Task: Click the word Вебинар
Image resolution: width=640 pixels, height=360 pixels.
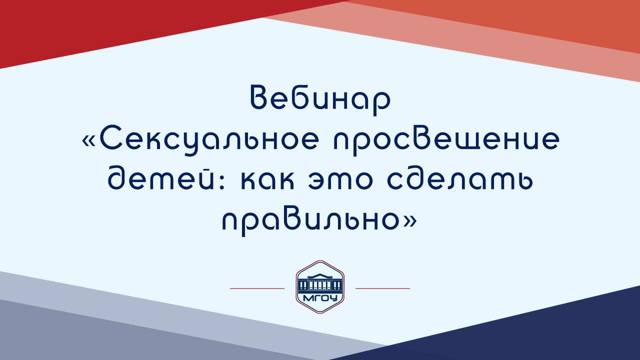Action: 319,99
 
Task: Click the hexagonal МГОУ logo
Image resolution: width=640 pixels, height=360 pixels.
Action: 320,286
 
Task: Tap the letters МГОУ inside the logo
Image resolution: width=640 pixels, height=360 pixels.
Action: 320,299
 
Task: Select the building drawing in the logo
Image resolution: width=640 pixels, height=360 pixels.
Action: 320,283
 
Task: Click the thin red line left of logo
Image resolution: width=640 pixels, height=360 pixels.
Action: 257,288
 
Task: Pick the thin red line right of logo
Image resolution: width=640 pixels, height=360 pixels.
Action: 382,288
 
